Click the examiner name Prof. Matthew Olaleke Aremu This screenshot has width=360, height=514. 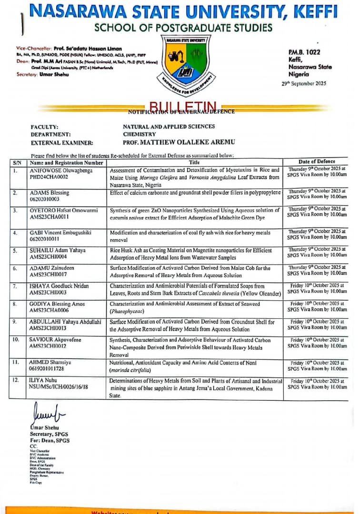pyautogui.click(x=179, y=142)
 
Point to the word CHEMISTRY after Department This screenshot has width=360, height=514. pyautogui.click(x=140, y=135)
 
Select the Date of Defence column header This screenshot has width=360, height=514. pyautogui.click(x=317, y=162)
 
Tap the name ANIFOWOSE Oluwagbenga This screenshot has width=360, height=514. pyautogui.click(x=60, y=170)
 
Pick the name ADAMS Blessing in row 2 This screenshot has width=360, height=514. pyautogui.click(x=49, y=193)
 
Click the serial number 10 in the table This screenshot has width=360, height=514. pyautogui.click(x=16, y=339)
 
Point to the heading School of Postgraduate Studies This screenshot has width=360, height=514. pyautogui.click(x=183, y=28)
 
